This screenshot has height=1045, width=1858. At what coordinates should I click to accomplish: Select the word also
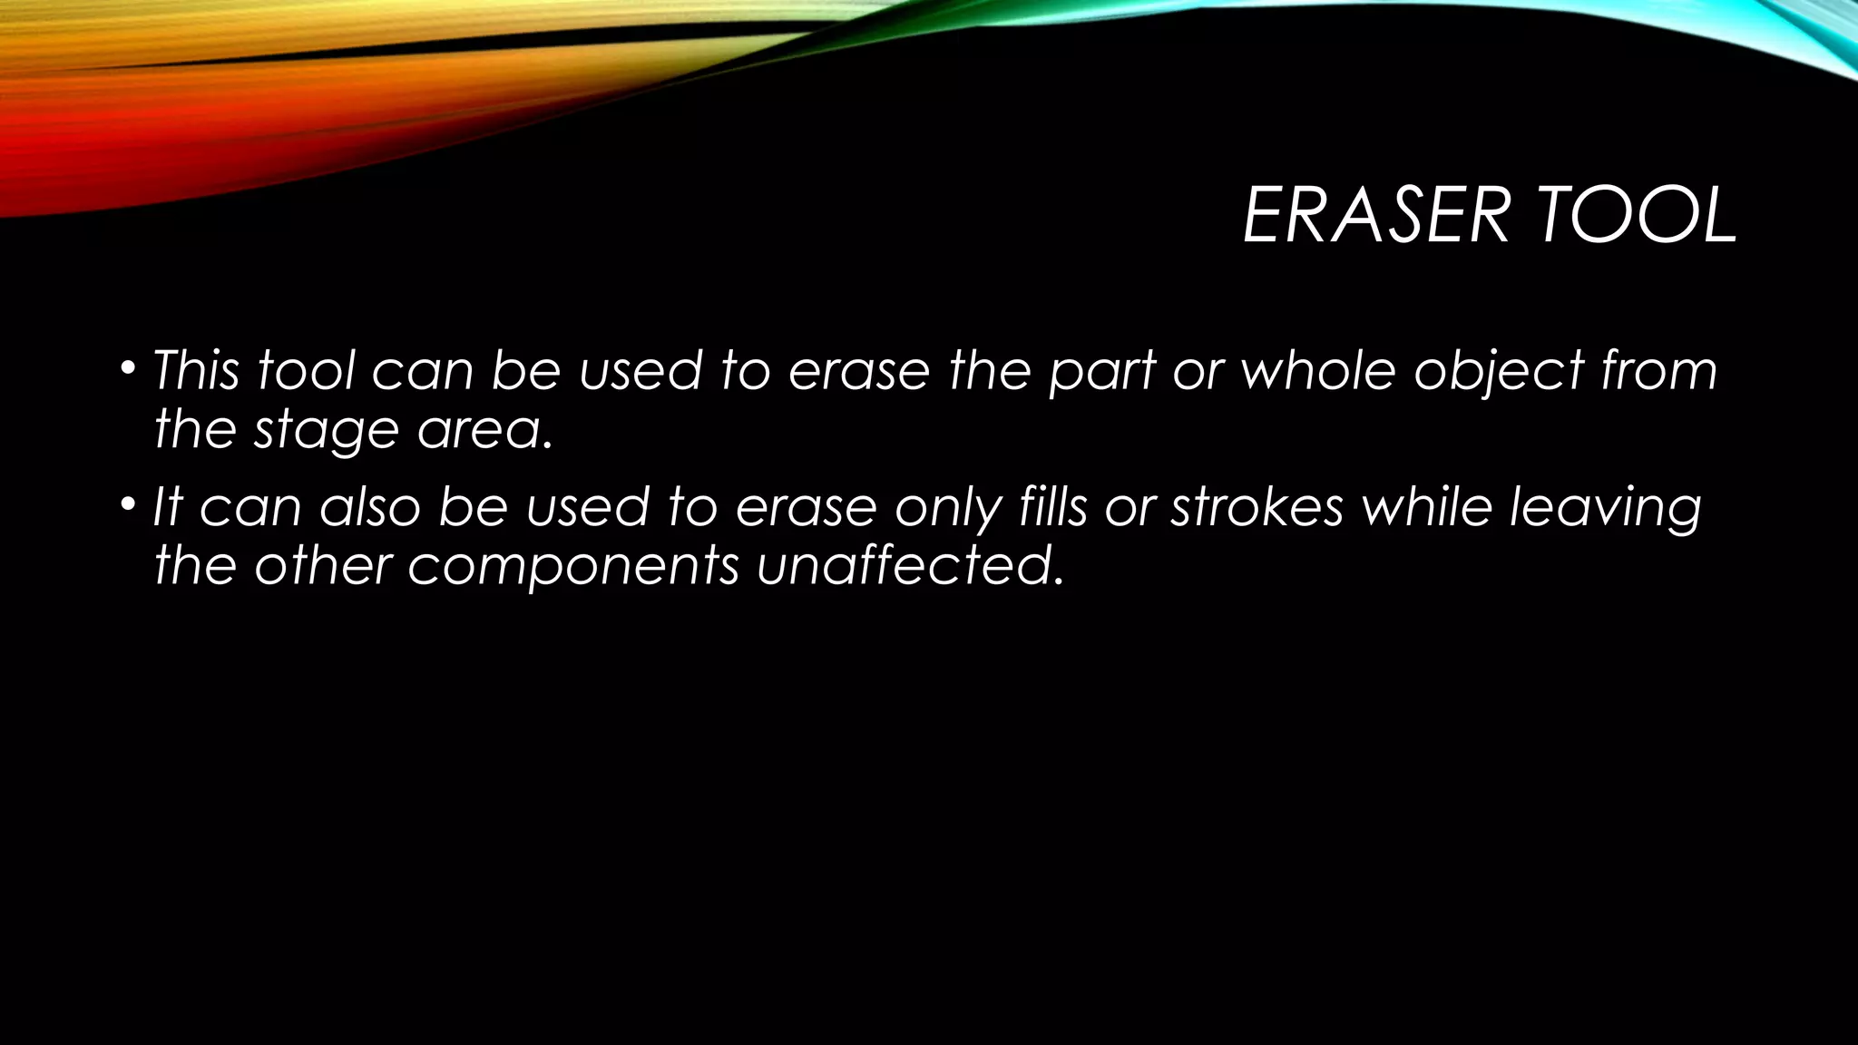pos(370,507)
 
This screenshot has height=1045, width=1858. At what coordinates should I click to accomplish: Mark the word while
pos(1428,507)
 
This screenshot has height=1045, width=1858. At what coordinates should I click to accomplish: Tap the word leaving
pos(1605,509)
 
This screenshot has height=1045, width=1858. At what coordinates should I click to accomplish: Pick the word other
pos(322,566)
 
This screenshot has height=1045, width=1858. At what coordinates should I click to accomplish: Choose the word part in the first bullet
pos(1101,373)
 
